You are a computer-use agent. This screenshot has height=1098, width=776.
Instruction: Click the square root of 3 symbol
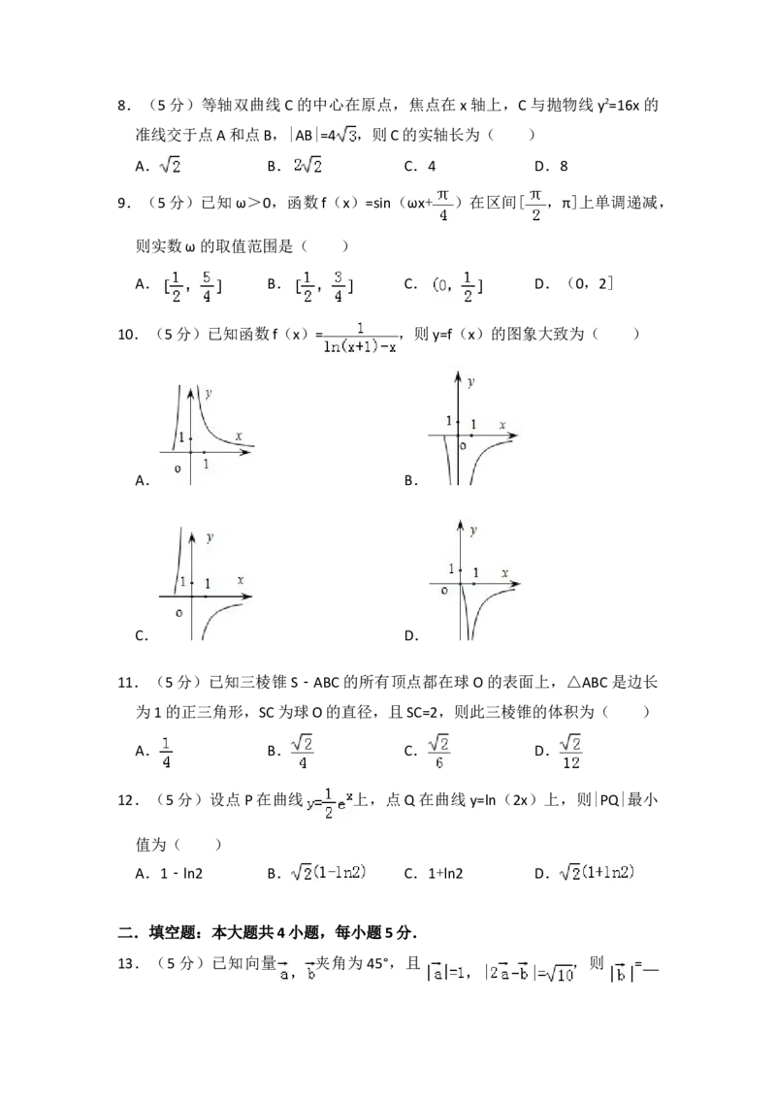[345, 137]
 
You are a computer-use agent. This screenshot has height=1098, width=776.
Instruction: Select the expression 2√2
[307, 167]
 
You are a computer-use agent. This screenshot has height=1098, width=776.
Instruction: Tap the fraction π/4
[442, 206]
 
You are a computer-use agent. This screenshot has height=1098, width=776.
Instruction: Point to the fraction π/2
[535, 206]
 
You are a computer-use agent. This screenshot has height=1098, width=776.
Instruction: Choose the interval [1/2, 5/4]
[190, 286]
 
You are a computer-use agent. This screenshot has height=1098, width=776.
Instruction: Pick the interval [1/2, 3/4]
[323, 286]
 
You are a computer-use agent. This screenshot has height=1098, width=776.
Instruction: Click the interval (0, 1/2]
[457, 286]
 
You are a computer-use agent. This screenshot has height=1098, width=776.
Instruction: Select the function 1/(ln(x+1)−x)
[361, 337]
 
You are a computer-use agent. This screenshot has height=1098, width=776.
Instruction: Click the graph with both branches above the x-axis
[206, 434]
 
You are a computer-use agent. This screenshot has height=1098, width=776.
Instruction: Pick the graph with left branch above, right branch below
[206, 581]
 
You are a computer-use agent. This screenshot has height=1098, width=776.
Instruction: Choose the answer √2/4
[303, 753]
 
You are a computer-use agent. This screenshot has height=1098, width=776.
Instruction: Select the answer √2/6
[440, 753]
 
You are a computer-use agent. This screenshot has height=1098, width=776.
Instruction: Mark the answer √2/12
[574, 753]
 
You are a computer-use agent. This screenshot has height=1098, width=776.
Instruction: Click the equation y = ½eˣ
[330, 803]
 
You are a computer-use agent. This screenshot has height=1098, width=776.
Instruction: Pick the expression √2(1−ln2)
[330, 873]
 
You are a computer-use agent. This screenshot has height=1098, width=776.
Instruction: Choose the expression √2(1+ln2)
[601, 873]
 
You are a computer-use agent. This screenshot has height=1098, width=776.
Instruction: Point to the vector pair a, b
[297, 972]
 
